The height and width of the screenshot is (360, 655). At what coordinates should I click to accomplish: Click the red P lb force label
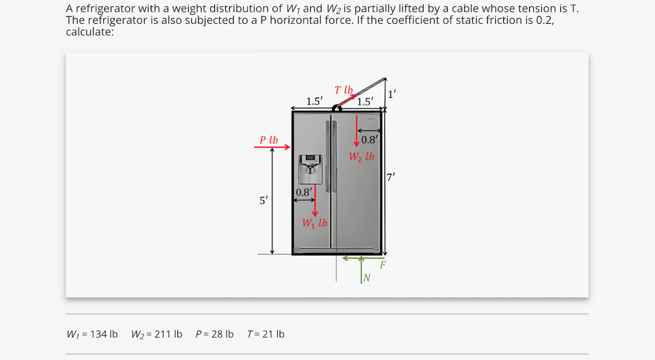tap(269, 139)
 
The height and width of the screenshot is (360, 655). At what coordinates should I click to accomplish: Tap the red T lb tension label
tap(343, 90)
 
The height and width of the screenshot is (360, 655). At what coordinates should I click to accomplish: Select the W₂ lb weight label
tap(361, 156)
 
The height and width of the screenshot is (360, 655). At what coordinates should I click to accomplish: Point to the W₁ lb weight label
tap(315, 223)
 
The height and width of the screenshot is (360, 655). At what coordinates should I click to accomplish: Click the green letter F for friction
tap(383, 264)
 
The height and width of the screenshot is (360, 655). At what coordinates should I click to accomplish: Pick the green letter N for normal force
tap(367, 277)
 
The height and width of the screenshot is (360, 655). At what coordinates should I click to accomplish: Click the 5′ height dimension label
tap(264, 201)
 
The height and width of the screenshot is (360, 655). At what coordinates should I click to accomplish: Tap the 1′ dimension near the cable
tap(392, 93)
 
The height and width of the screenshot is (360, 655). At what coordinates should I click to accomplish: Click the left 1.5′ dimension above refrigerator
tap(314, 101)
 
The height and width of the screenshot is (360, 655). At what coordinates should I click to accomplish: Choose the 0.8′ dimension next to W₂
tap(370, 140)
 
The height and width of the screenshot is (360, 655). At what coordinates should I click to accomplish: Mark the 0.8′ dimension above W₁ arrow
tap(304, 192)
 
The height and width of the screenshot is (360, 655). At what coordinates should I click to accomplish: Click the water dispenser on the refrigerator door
tap(310, 169)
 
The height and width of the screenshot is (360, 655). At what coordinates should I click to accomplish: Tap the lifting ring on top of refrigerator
tap(336, 109)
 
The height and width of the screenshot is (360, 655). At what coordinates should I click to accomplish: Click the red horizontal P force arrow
tap(272, 147)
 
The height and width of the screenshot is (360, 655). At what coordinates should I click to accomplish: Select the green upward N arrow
tap(361, 269)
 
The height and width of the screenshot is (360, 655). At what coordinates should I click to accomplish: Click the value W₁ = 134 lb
tap(92, 334)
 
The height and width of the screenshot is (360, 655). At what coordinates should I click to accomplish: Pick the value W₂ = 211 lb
tap(157, 334)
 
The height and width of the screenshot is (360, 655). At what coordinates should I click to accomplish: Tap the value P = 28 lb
tap(214, 334)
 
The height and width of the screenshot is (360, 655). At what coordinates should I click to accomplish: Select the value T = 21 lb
tap(265, 334)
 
